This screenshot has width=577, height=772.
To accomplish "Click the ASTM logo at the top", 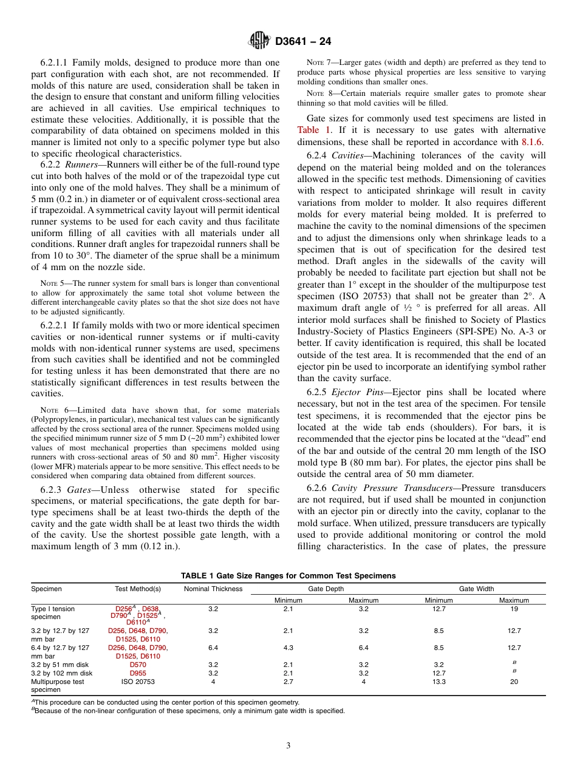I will [x=259, y=41].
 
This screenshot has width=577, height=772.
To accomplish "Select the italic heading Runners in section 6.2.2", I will [x=83, y=164].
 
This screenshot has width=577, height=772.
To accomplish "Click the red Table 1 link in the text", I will [x=311, y=130].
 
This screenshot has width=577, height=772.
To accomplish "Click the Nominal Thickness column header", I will [x=213, y=589].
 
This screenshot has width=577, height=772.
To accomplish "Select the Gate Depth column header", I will [x=326, y=589].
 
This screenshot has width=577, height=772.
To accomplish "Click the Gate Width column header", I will [x=476, y=589].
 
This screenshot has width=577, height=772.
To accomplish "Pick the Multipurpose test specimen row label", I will [x=58, y=686].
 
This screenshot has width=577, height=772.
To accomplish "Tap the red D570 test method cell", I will [x=138, y=665].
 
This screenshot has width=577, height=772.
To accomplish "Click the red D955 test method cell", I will [x=138, y=673].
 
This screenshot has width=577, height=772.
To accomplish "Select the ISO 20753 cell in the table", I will [x=138, y=682].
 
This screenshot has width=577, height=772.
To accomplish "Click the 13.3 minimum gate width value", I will [x=439, y=682].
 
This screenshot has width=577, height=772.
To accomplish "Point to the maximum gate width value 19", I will [x=514, y=608].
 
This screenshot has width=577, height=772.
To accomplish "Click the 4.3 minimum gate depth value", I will [x=288, y=648].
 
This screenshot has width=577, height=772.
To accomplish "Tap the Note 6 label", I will [x=51, y=411].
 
